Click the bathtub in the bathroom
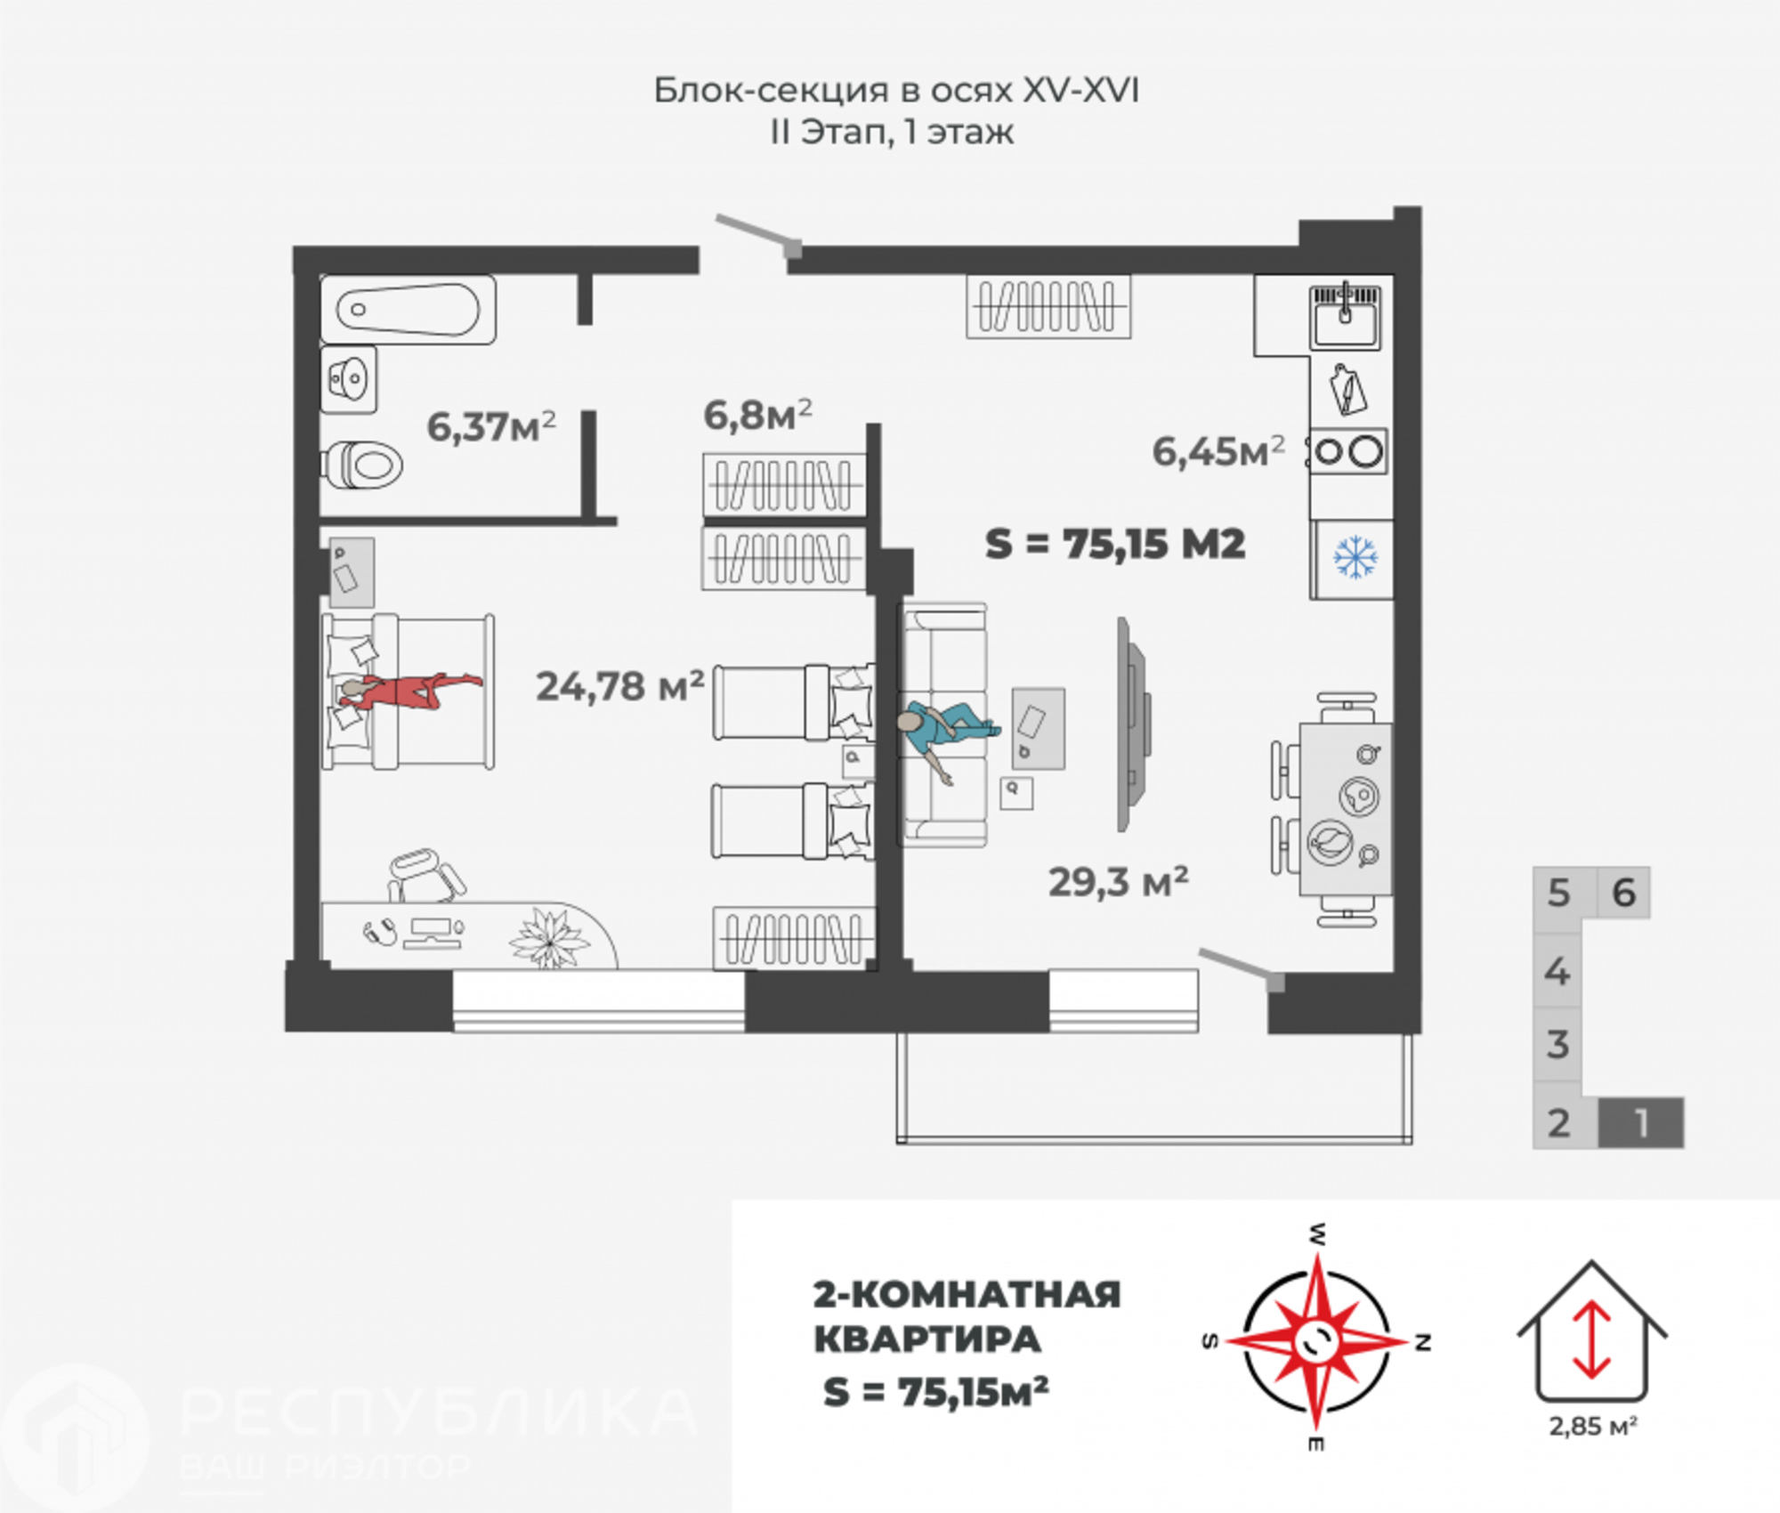408,310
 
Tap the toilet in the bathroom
361,465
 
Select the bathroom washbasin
349,380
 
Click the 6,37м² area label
491,426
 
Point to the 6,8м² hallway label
757,415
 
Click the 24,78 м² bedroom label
619,686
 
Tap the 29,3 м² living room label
1118,882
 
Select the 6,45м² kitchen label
1218,451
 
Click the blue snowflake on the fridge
1355,558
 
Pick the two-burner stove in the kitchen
1347,451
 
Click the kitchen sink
1346,316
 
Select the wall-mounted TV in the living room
1133,724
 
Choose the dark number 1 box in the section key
1641,1123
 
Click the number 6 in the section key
1624,893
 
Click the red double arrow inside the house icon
1592,1340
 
